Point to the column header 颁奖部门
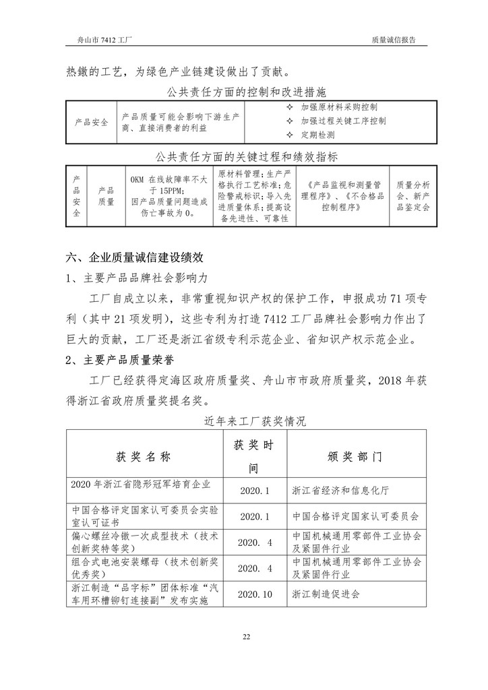click(x=355, y=456)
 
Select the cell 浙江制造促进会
click(x=326, y=594)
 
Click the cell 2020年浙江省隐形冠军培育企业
click(x=141, y=484)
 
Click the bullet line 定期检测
click(x=317, y=135)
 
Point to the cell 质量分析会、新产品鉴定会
click(x=413, y=195)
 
